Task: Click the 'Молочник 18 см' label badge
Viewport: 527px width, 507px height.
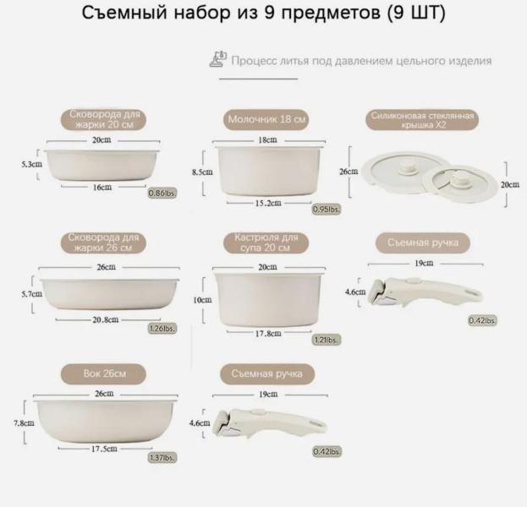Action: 266,119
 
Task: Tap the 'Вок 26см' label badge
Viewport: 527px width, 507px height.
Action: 103,374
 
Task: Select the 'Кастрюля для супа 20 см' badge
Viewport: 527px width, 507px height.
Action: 266,243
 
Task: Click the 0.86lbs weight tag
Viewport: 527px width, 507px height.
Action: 162,193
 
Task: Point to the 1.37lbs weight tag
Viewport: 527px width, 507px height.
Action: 162,457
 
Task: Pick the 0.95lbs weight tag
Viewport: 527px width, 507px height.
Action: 326,210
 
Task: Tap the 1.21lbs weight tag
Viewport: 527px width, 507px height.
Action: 326,340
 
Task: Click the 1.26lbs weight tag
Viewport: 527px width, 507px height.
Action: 162,329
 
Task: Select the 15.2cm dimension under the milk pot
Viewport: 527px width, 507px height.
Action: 268,203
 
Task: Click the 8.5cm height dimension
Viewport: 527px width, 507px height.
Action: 202,172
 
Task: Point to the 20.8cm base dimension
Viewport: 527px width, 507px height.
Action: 106,320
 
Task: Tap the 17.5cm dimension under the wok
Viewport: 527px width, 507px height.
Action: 104,449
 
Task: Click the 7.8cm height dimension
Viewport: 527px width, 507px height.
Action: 24,423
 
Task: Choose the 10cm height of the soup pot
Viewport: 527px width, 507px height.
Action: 202,300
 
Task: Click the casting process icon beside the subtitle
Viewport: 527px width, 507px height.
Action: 218,59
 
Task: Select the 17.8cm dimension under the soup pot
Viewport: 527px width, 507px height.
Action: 268,334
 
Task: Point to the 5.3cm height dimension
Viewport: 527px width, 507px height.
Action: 32,165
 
